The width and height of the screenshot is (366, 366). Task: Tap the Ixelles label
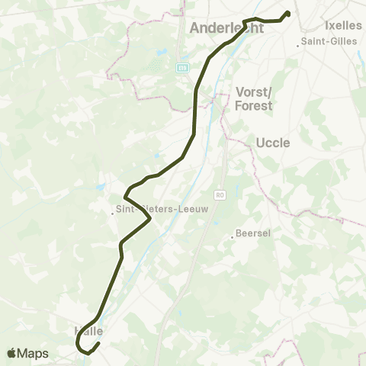coord(343,25)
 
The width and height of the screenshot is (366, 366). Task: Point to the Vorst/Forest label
coord(254,98)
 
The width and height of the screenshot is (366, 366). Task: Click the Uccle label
coord(273,142)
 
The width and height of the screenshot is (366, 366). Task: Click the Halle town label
coord(88,331)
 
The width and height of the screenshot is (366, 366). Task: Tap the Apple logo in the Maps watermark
coord(12,353)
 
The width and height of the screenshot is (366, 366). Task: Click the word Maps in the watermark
coord(34,353)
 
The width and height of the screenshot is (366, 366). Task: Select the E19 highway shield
coord(182,68)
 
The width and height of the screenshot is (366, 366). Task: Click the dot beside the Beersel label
coord(233,237)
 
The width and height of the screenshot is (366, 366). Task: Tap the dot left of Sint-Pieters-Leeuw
coord(112,213)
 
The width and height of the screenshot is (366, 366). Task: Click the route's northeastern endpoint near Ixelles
coord(288,13)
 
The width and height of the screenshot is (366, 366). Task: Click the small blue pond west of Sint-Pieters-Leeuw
coord(100,186)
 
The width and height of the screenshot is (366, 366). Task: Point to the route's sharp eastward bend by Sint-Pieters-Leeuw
coord(150,220)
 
